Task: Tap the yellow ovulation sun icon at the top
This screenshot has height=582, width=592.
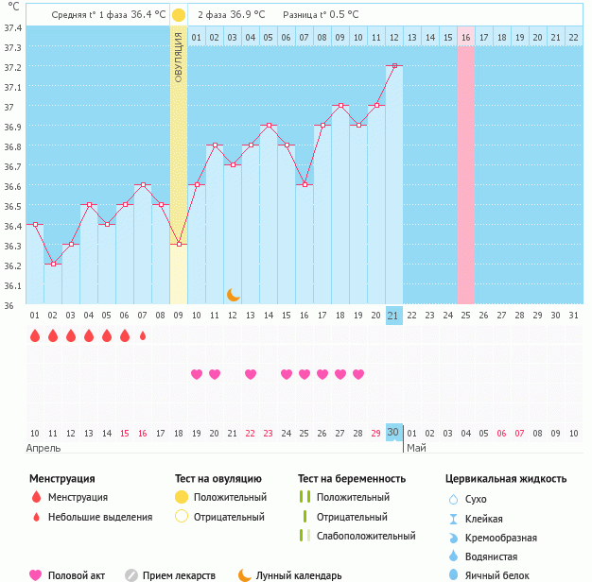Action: [179, 15]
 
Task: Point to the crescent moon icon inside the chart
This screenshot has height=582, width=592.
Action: [233, 295]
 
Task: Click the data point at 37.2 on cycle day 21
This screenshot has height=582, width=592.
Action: [394, 65]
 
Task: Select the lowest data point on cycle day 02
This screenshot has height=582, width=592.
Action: [52, 264]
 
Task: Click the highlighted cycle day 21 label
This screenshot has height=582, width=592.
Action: [394, 315]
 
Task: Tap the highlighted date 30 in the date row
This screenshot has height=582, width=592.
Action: [394, 432]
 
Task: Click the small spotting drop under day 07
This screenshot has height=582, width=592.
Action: [143, 335]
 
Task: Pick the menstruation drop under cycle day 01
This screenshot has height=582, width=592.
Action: [34, 335]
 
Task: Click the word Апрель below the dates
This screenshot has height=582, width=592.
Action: [44, 448]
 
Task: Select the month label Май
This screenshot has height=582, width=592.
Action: [416, 448]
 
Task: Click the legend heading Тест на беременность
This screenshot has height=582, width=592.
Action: [352, 479]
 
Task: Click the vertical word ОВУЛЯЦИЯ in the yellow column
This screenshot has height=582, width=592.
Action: [179, 56]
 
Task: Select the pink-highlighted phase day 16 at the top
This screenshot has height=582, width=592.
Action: [465, 37]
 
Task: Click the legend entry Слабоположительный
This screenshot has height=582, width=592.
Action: [366, 536]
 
